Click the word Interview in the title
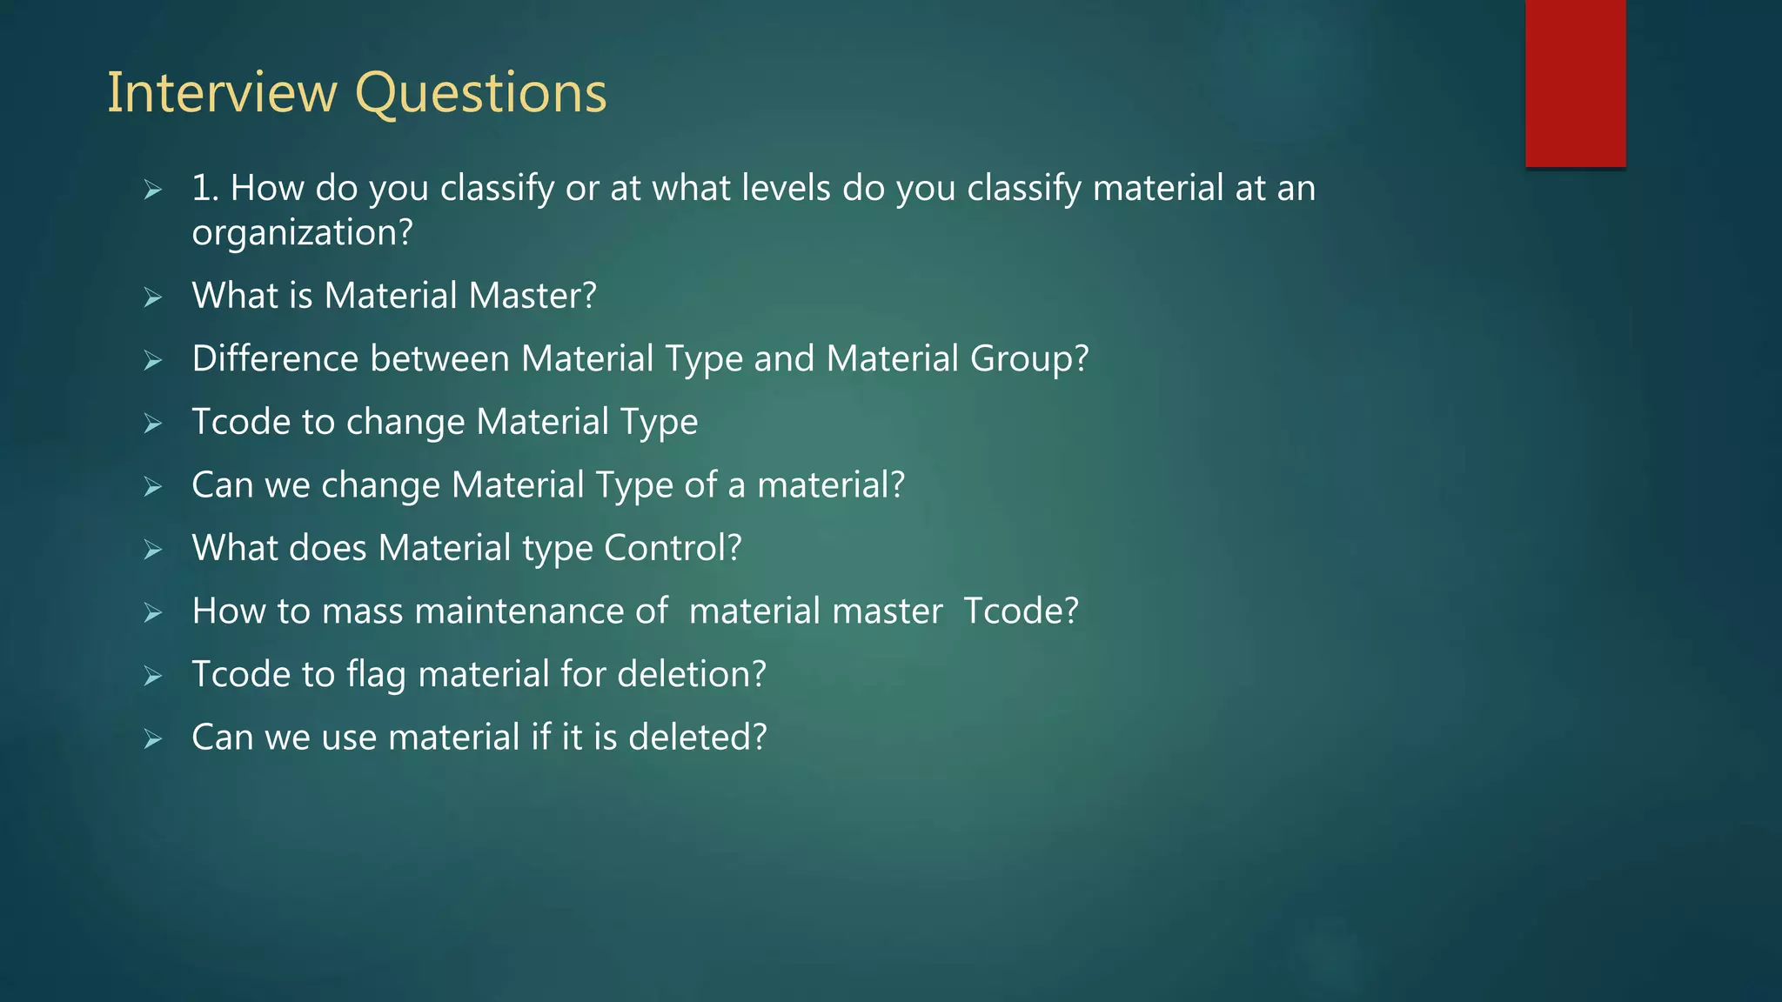(x=222, y=92)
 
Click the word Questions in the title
(x=481, y=94)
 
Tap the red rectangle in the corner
(x=1575, y=83)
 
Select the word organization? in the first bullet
(x=302, y=233)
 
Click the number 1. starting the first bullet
(x=204, y=188)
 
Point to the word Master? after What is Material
(x=533, y=296)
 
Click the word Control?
(x=673, y=548)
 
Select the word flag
(x=376, y=675)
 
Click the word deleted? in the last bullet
(x=697, y=737)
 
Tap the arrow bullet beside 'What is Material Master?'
(x=153, y=297)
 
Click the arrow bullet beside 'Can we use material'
(x=153, y=739)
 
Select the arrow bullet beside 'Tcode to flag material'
(x=153, y=676)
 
